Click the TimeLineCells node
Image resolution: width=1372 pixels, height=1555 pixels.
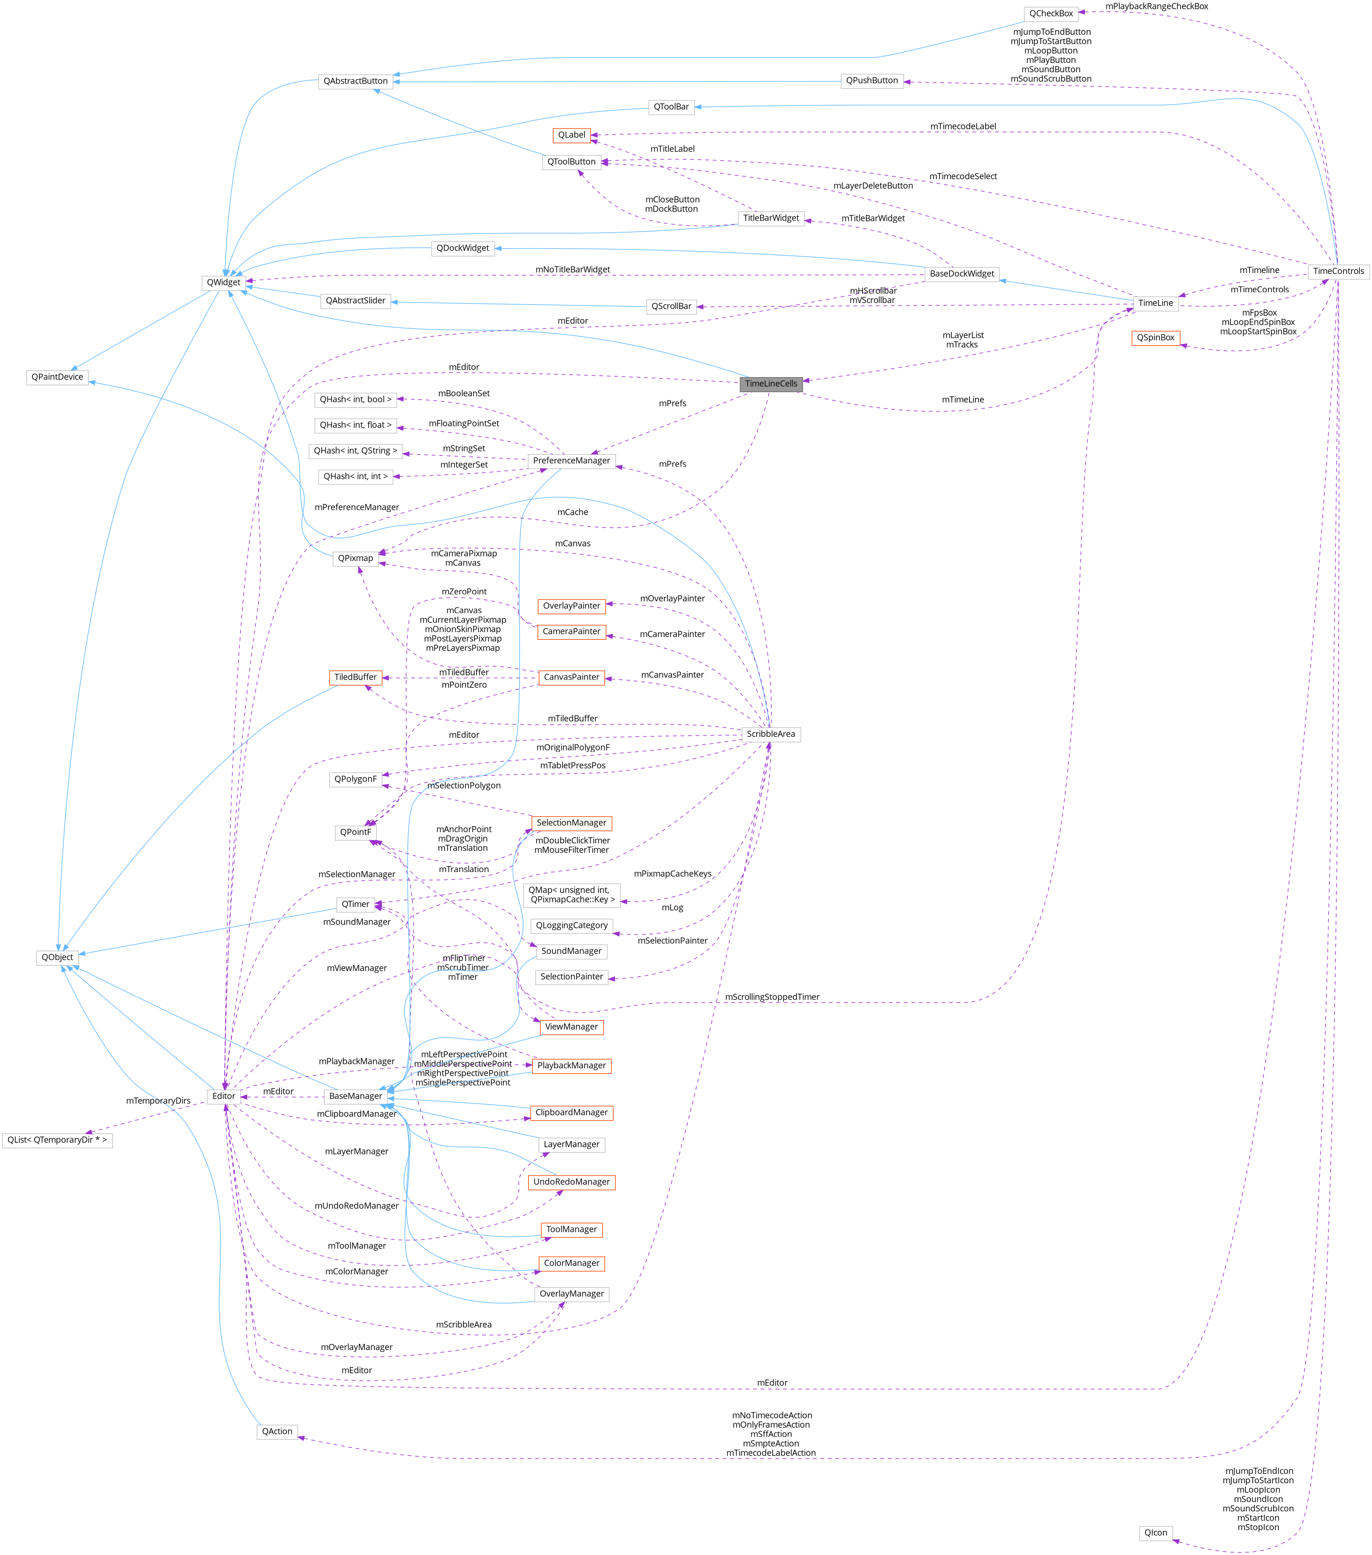[770, 383]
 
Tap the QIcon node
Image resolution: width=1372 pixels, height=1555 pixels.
[1155, 1533]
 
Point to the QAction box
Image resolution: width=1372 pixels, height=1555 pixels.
[277, 1431]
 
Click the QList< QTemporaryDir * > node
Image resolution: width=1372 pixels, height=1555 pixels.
[57, 1139]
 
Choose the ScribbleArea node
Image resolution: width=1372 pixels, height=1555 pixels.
[770, 734]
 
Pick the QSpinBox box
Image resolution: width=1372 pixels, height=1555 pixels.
[1155, 338]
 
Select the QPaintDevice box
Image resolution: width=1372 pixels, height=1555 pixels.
[57, 377]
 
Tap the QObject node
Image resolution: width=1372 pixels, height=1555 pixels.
[57, 957]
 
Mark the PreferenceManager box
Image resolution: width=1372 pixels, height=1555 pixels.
[571, 460]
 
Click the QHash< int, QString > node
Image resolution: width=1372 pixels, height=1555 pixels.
[355, 450]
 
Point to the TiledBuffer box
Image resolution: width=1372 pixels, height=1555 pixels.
[355, 677]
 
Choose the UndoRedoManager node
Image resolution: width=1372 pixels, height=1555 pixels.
[571, 1182]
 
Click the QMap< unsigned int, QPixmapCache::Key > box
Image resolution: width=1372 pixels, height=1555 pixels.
[572, 895]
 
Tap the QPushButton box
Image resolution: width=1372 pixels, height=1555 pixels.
[872, 81]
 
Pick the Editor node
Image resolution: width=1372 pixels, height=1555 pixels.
[224, 1096]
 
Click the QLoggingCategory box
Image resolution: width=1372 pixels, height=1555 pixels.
[571, 925]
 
